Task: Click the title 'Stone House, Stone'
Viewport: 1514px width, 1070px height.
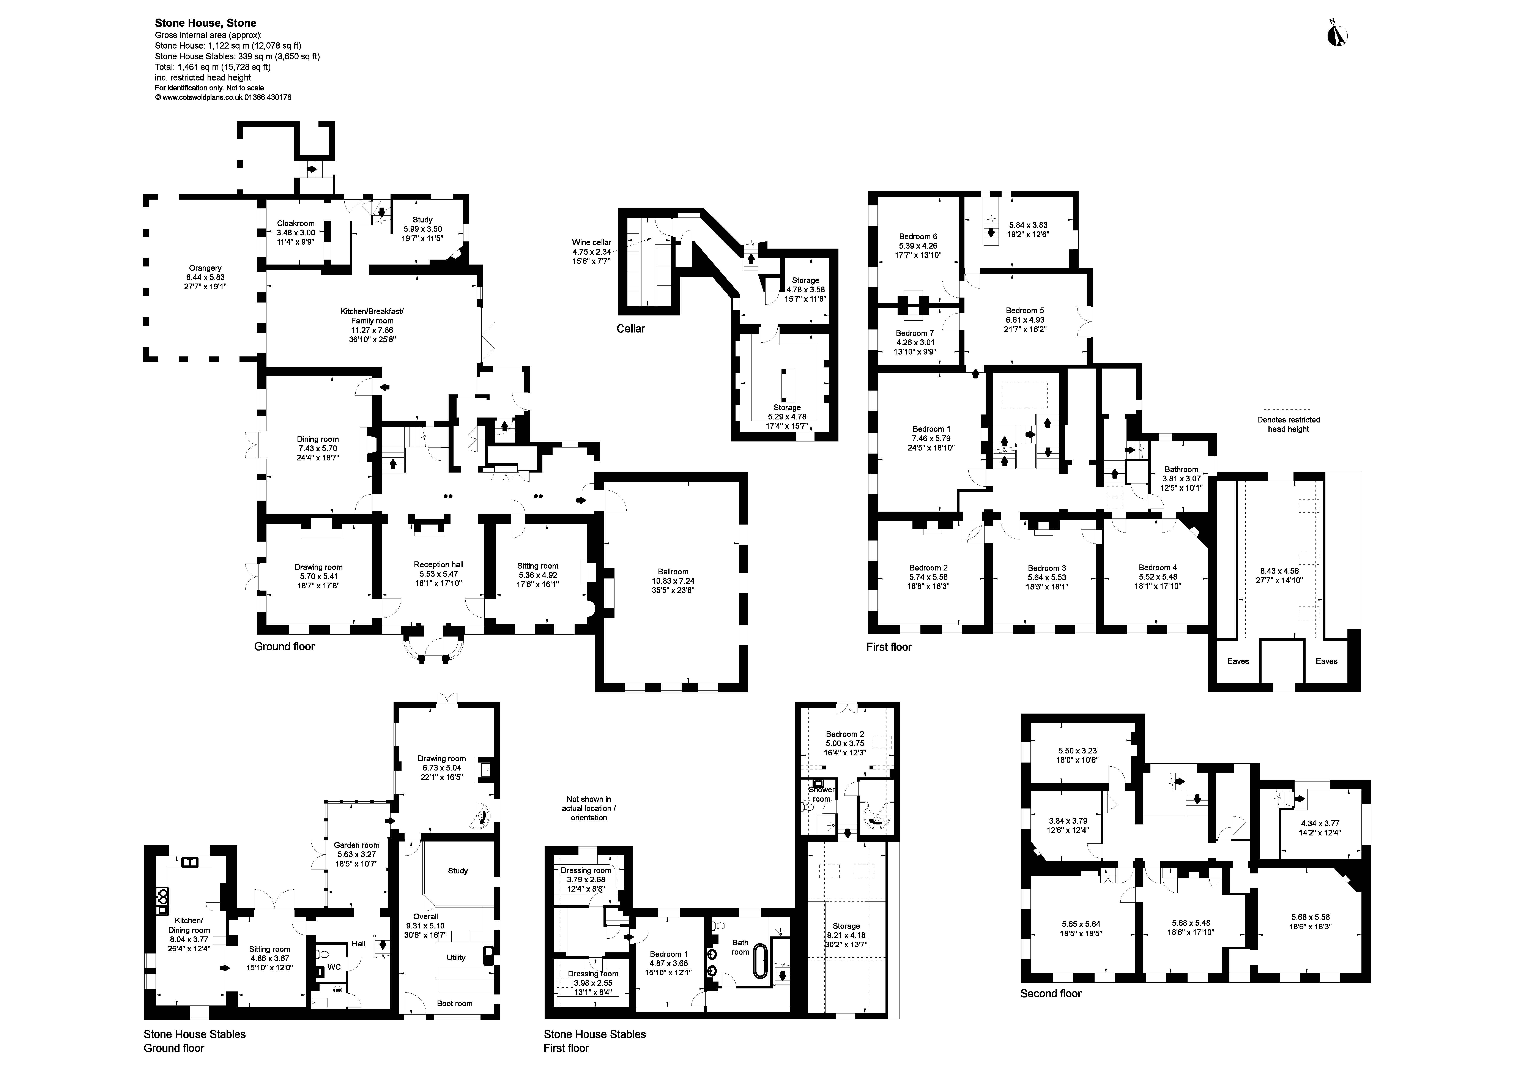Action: pyautogui.click(x=206, y=23)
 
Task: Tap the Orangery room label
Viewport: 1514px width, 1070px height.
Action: pyautogui.click(x=205, y=268)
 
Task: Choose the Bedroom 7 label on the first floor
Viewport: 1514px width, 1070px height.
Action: pyautogui.click(x=915, y=333)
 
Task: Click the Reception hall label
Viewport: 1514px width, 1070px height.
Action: pyautogui.click(x=438, y=564)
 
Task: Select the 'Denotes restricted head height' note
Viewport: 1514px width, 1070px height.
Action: pyautogui.click(x=1288, y=424)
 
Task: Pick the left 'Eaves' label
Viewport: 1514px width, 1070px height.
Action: pyautogui.click(x=1238, y=661)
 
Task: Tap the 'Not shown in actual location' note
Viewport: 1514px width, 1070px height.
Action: pyautogui.click(x=589, y=808)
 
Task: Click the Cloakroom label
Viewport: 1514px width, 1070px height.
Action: pyautogui.click(x=295, y=224)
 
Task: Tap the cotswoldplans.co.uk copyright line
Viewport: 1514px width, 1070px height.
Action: pyautogui.click(x=223, y=97)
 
